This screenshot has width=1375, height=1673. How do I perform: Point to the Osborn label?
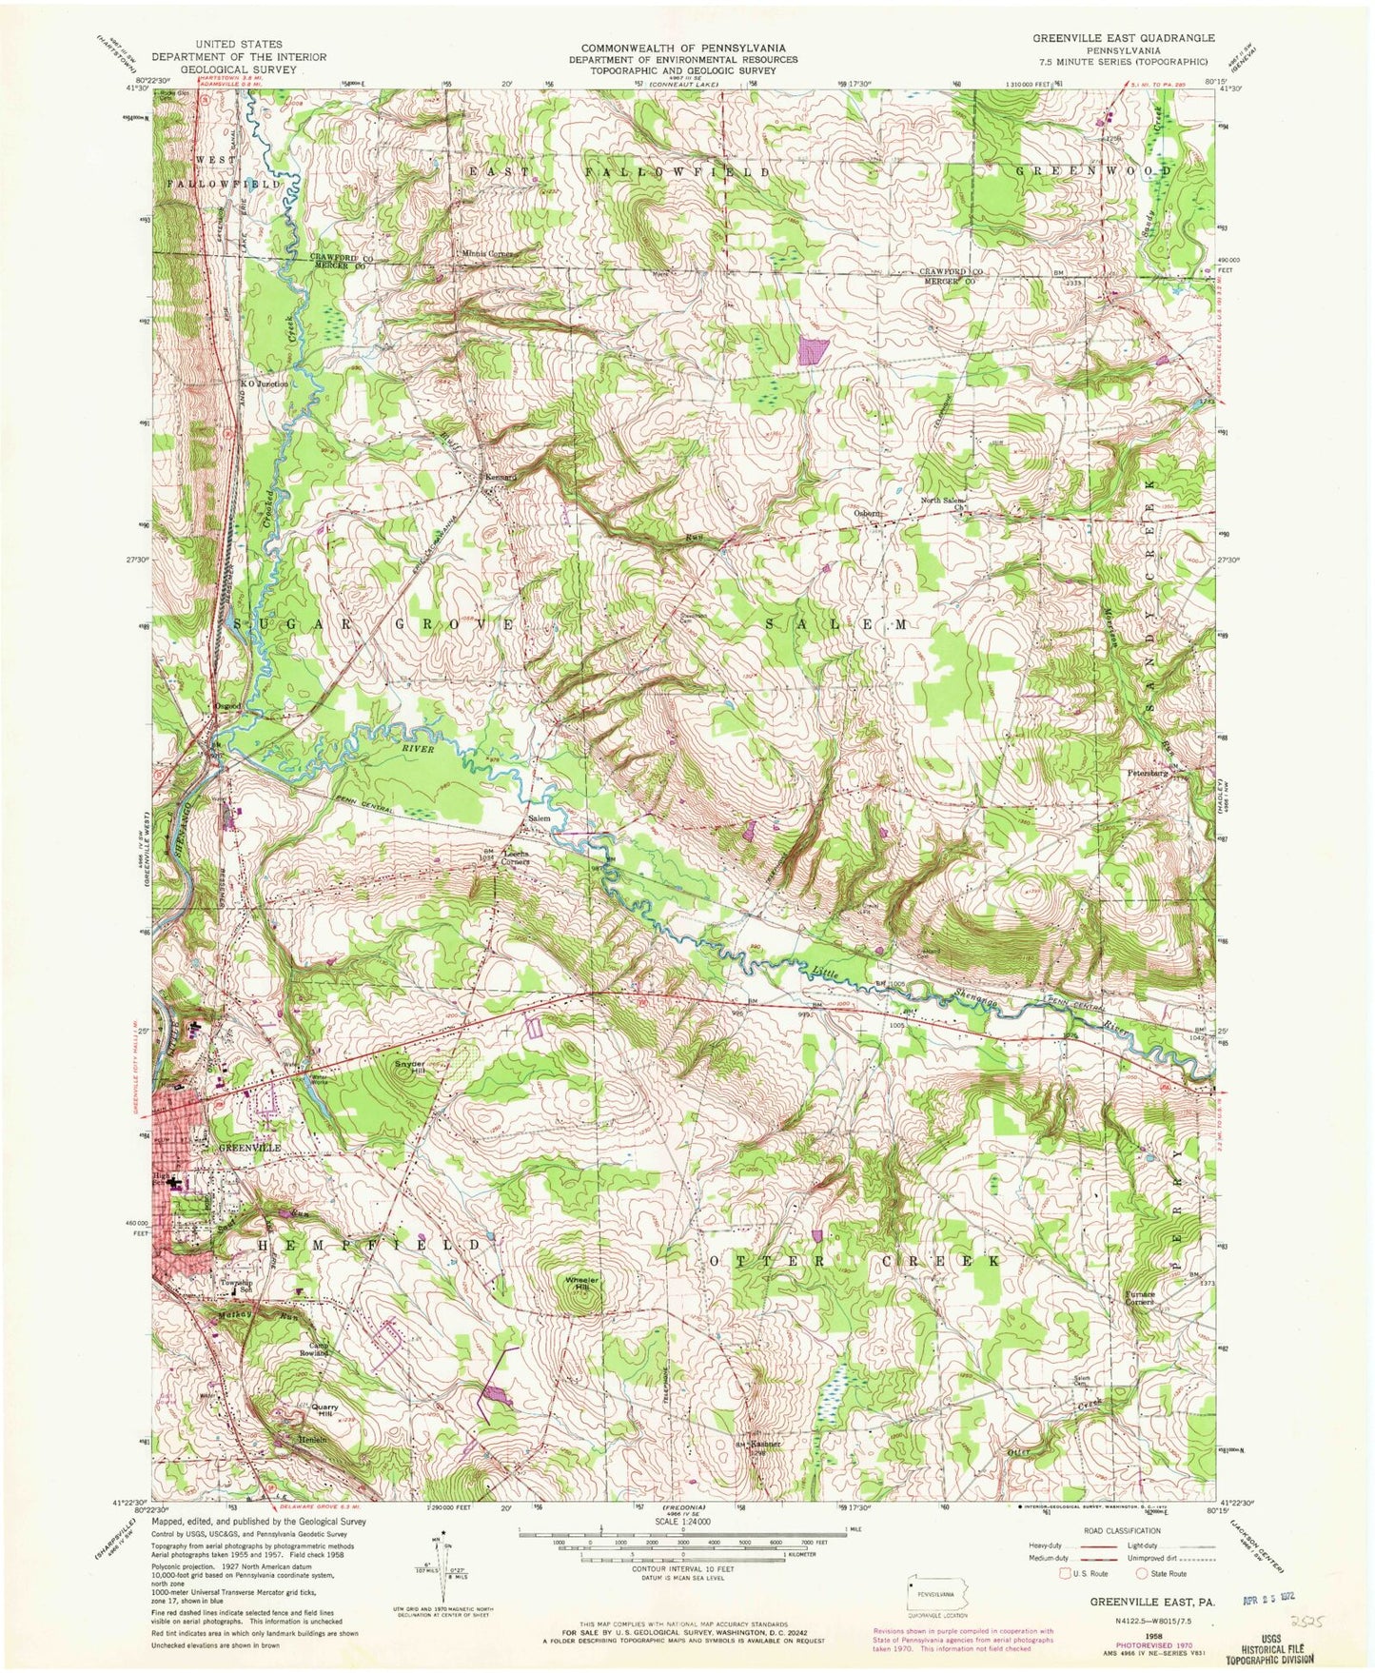[867, 515]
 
